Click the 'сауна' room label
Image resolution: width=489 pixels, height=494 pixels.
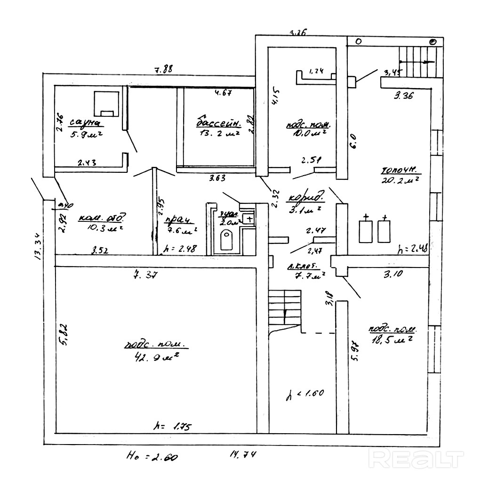point(85,123)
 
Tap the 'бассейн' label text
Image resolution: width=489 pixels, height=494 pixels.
point(218,123)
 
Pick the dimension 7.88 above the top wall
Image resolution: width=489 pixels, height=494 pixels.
point(163,70)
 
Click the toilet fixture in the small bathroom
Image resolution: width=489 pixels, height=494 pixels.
point(227,241)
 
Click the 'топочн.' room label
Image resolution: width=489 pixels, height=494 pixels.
point(400,170)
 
